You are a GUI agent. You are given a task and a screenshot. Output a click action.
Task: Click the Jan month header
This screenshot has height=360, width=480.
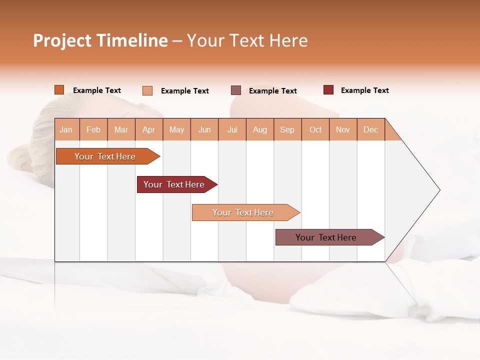tap(66, 129)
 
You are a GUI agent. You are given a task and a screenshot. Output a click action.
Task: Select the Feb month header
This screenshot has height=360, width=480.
tap(93, 129)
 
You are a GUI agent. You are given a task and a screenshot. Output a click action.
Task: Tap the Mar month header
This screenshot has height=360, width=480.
tap(121, 129)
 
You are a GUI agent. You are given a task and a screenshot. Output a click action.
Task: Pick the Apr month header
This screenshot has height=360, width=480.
tap(149, 129)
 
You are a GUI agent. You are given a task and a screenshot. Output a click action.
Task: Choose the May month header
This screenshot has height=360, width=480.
tap(176, 129)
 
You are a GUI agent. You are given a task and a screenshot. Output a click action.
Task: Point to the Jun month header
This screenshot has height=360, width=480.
tap(204, 129)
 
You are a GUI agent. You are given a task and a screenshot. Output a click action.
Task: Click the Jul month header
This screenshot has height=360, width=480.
tap(232, 129)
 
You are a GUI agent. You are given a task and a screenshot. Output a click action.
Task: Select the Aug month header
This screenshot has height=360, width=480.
tap(260, 129)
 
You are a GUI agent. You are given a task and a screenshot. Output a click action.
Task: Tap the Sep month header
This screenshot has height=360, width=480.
tap(287, 129)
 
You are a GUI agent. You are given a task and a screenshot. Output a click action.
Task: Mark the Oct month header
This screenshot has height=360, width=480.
tap(315, 129)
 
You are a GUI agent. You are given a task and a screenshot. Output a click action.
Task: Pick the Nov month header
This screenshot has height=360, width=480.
tap(343, 129)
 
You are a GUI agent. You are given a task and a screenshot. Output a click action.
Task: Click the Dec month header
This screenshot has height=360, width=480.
tap(371, 129)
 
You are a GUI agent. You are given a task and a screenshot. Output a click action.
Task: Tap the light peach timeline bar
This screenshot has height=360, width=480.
tap(243, 212)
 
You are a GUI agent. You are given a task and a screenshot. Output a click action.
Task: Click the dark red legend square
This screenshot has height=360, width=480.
tap(328, 90)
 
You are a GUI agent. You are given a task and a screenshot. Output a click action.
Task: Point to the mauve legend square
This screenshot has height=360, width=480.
tap(236, 90)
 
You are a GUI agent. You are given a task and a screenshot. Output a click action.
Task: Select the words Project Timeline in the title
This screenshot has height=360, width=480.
tap(100, 40)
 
